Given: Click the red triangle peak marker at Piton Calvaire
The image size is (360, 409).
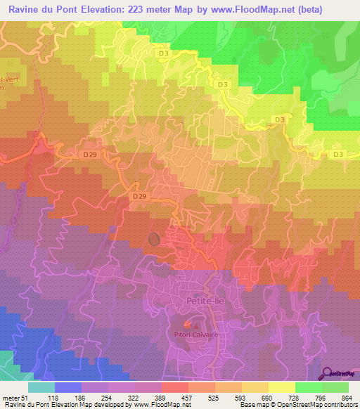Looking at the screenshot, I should (186, 325).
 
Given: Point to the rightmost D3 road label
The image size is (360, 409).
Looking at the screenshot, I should (339, 154).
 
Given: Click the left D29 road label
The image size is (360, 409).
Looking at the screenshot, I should (89, 154).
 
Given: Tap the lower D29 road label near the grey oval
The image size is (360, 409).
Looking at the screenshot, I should (140, 197).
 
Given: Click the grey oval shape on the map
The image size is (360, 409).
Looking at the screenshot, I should (155, 239).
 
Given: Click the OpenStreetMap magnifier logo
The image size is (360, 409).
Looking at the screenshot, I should (327, 374).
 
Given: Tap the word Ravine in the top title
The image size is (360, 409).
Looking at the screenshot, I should (22, 8).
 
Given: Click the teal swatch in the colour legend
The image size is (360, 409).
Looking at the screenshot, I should (41, 387).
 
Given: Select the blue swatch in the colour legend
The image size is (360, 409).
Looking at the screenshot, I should (67, 387).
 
